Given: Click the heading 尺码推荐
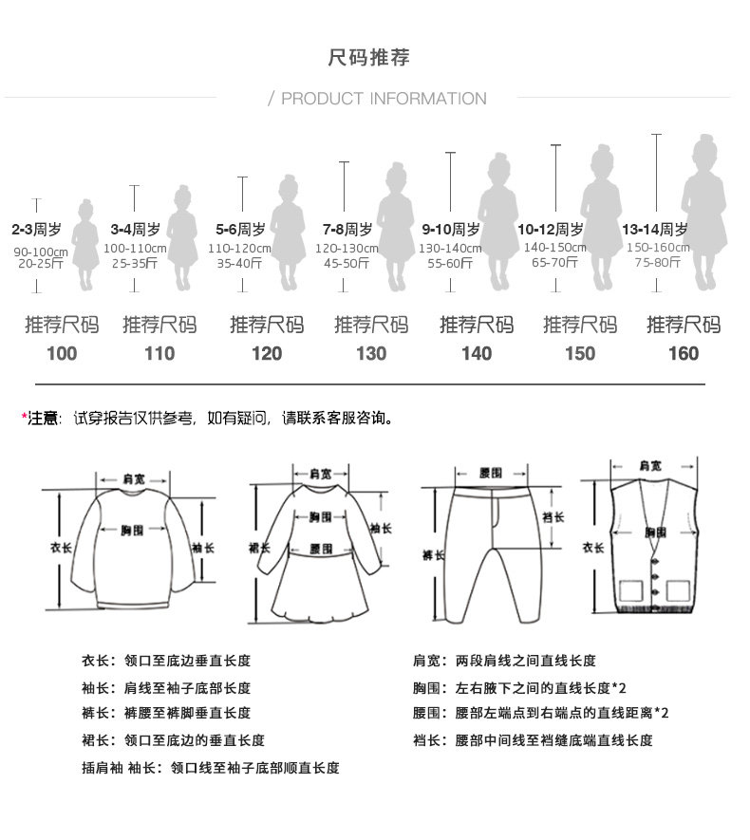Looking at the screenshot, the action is [369, 58].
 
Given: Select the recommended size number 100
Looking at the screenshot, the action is [62, 354].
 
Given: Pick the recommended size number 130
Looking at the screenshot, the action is [371, 354].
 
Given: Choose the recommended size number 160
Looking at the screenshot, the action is [684, 354].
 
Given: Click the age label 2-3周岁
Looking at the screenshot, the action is [36, 230].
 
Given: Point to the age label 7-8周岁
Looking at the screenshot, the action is [347, 230].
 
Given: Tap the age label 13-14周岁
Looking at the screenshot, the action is [655, 230].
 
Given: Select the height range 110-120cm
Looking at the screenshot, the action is [239, 249].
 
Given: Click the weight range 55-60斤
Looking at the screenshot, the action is [450, 263].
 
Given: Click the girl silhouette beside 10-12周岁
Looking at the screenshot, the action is [601, 217].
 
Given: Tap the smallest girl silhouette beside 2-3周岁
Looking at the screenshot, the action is [85, 245].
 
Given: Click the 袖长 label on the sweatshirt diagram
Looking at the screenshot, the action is [203, 548].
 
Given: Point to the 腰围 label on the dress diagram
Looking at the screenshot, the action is [321, 550].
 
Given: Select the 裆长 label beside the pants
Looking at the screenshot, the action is [553, 517].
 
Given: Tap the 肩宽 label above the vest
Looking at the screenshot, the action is [650, 466].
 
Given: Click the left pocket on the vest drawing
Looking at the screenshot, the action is [630, 589].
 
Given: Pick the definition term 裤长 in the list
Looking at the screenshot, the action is [95, 713].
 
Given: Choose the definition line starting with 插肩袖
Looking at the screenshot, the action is [211, 768].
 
